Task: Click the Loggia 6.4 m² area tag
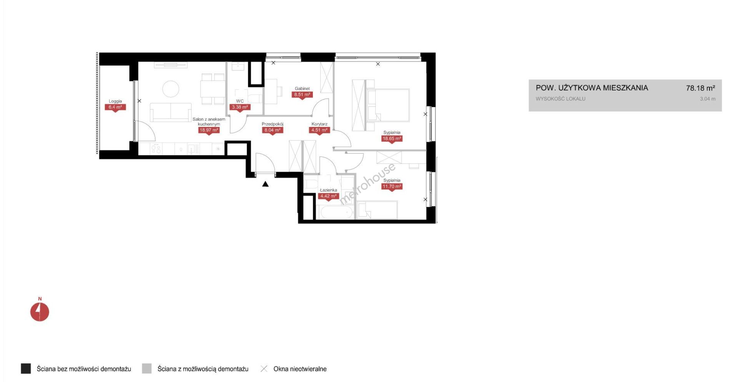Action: tap(115, 107)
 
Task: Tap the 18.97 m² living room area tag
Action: tap(209, 130)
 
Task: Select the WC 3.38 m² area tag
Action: tap(240, 107)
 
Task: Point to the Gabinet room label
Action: tap(302, 88)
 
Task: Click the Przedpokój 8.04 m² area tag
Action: tap(273, 130)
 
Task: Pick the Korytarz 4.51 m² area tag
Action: tap(319, 130)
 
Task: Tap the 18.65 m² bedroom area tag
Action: tap(392, 138)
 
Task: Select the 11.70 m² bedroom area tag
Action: tap(392, 187)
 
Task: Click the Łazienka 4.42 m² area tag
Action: tap(328, 196)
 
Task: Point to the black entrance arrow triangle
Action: tap(265, 184)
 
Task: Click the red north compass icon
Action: tap(40, 312)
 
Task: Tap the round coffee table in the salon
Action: tap(171, 89)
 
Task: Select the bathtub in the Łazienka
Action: tap(336, 212)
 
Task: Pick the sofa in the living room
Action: tap(171, 112)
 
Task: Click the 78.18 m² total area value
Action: tap(700, 88)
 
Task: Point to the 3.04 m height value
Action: tap(708, 99)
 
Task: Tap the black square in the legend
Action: tap(26, 369)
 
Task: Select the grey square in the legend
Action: tap(147, 369)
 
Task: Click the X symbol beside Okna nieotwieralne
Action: tap(264, 369)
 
